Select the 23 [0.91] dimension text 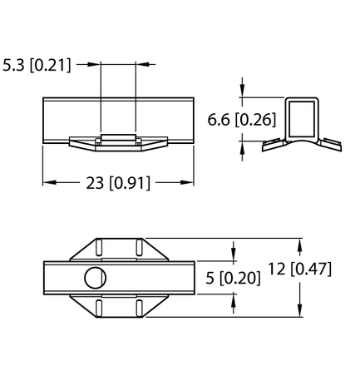tap(119, 184)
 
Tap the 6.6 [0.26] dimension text tap(241, 119)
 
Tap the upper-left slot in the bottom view tap(98, 248)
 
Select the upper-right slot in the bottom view tap(134, 248)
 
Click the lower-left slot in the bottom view tap(98, 308)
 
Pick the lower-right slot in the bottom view tap(134, 308)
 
